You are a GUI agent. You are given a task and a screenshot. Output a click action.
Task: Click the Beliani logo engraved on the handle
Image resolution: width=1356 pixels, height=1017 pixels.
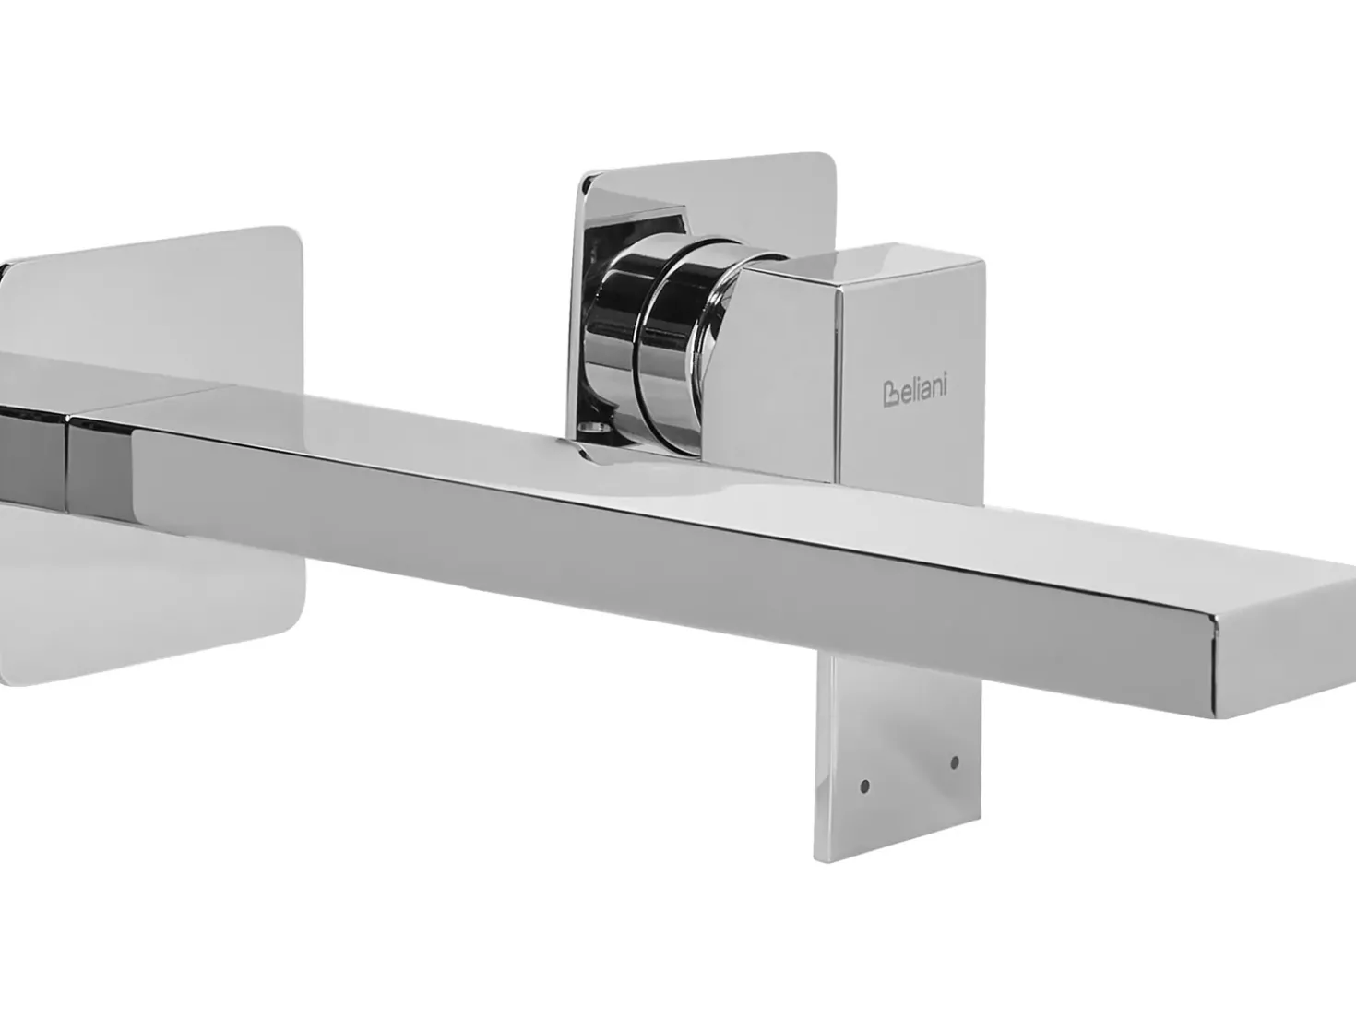(x=914, y=388)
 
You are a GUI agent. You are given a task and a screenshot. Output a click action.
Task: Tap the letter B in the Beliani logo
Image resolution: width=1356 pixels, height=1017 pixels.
(x=891, y=395)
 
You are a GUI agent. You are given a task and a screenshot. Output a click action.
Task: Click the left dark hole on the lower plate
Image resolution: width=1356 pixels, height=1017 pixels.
(x=865, y=786)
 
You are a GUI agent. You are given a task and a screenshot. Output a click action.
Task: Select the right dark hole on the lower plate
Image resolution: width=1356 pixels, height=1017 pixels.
(x=955, y=763)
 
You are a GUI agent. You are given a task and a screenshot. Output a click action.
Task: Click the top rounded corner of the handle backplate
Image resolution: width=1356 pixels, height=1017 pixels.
(x=825, y=160)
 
